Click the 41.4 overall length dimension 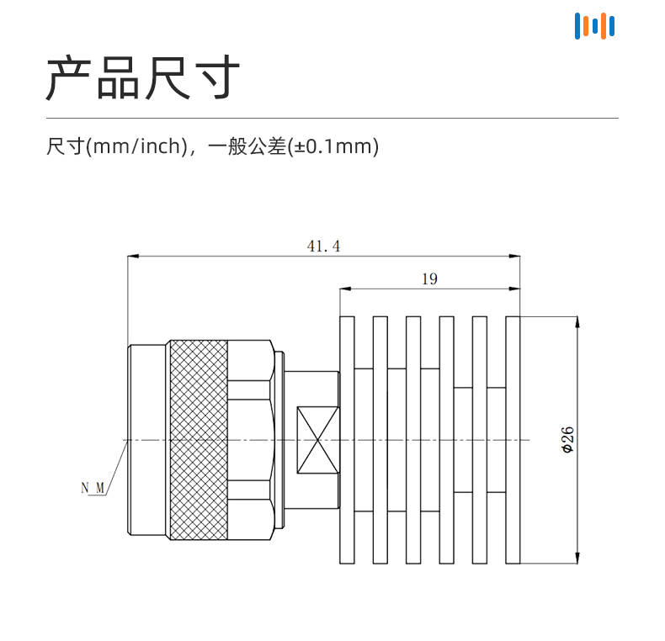[324, 246]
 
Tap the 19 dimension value [429, 279]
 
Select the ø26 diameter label [568, 440]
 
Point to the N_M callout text [93, 487]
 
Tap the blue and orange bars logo [594, 25]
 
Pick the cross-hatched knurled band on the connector [199, 440]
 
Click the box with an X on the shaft [317, 440]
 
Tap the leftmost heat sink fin [347, 440]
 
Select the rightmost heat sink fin [513, 440]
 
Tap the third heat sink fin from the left [412, 440]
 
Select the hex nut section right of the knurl [250, 440]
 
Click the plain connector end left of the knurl [147, 440]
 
